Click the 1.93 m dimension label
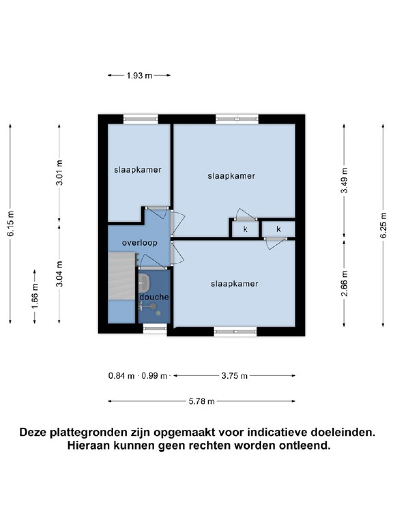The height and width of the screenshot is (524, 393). coord(139,76)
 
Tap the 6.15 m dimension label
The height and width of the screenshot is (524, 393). coord(11,223)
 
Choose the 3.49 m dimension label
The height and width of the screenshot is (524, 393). coord(344,180)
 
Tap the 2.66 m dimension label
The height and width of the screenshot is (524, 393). coord(344,284)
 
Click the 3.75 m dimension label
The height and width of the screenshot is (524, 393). coord(234,376)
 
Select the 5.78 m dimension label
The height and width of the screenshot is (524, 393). coord(202,402)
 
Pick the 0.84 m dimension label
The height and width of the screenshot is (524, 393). coord(122,376)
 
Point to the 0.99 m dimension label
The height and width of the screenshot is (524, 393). coord(154,376)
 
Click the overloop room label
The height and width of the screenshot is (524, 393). coord(140,243)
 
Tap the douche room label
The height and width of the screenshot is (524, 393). coord(154,297)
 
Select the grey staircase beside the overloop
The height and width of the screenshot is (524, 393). coord(122,276)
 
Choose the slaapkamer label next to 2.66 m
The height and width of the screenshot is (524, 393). coord(234,284)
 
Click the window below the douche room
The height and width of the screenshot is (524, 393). coord(155,328)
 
